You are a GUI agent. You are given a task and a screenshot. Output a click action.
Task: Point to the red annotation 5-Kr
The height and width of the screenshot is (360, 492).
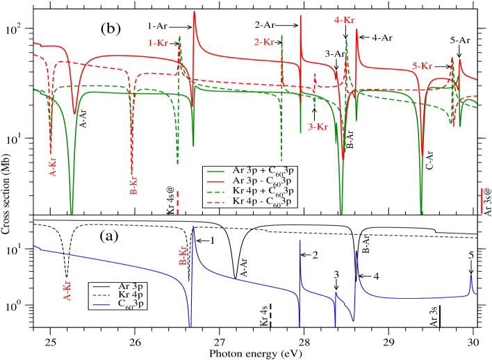pos(425,66)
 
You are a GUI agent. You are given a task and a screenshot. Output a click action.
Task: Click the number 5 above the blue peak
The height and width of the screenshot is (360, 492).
pos(470,255)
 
